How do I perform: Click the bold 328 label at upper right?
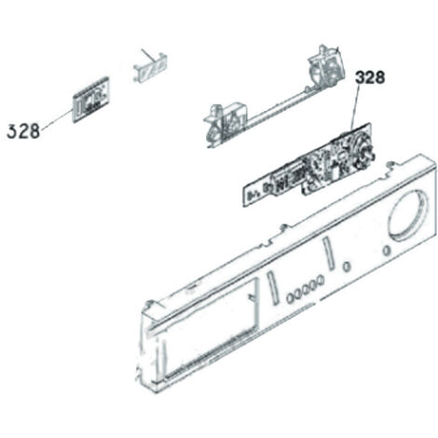coord(370,77)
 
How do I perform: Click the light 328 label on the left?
coord(23,130)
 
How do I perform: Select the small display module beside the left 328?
coord(90,100)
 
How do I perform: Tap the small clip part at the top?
coord(150,68)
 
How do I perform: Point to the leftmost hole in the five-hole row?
coord(291,298)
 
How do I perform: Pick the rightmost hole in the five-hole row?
coord(321,281)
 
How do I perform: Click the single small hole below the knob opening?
coord(386,251)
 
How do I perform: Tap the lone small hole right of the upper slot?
coord(346,267)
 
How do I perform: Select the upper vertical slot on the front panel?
coord(328,253)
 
